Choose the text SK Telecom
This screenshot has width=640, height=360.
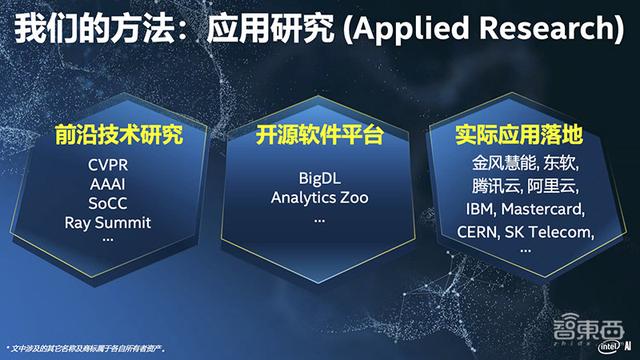pos(557,232)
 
